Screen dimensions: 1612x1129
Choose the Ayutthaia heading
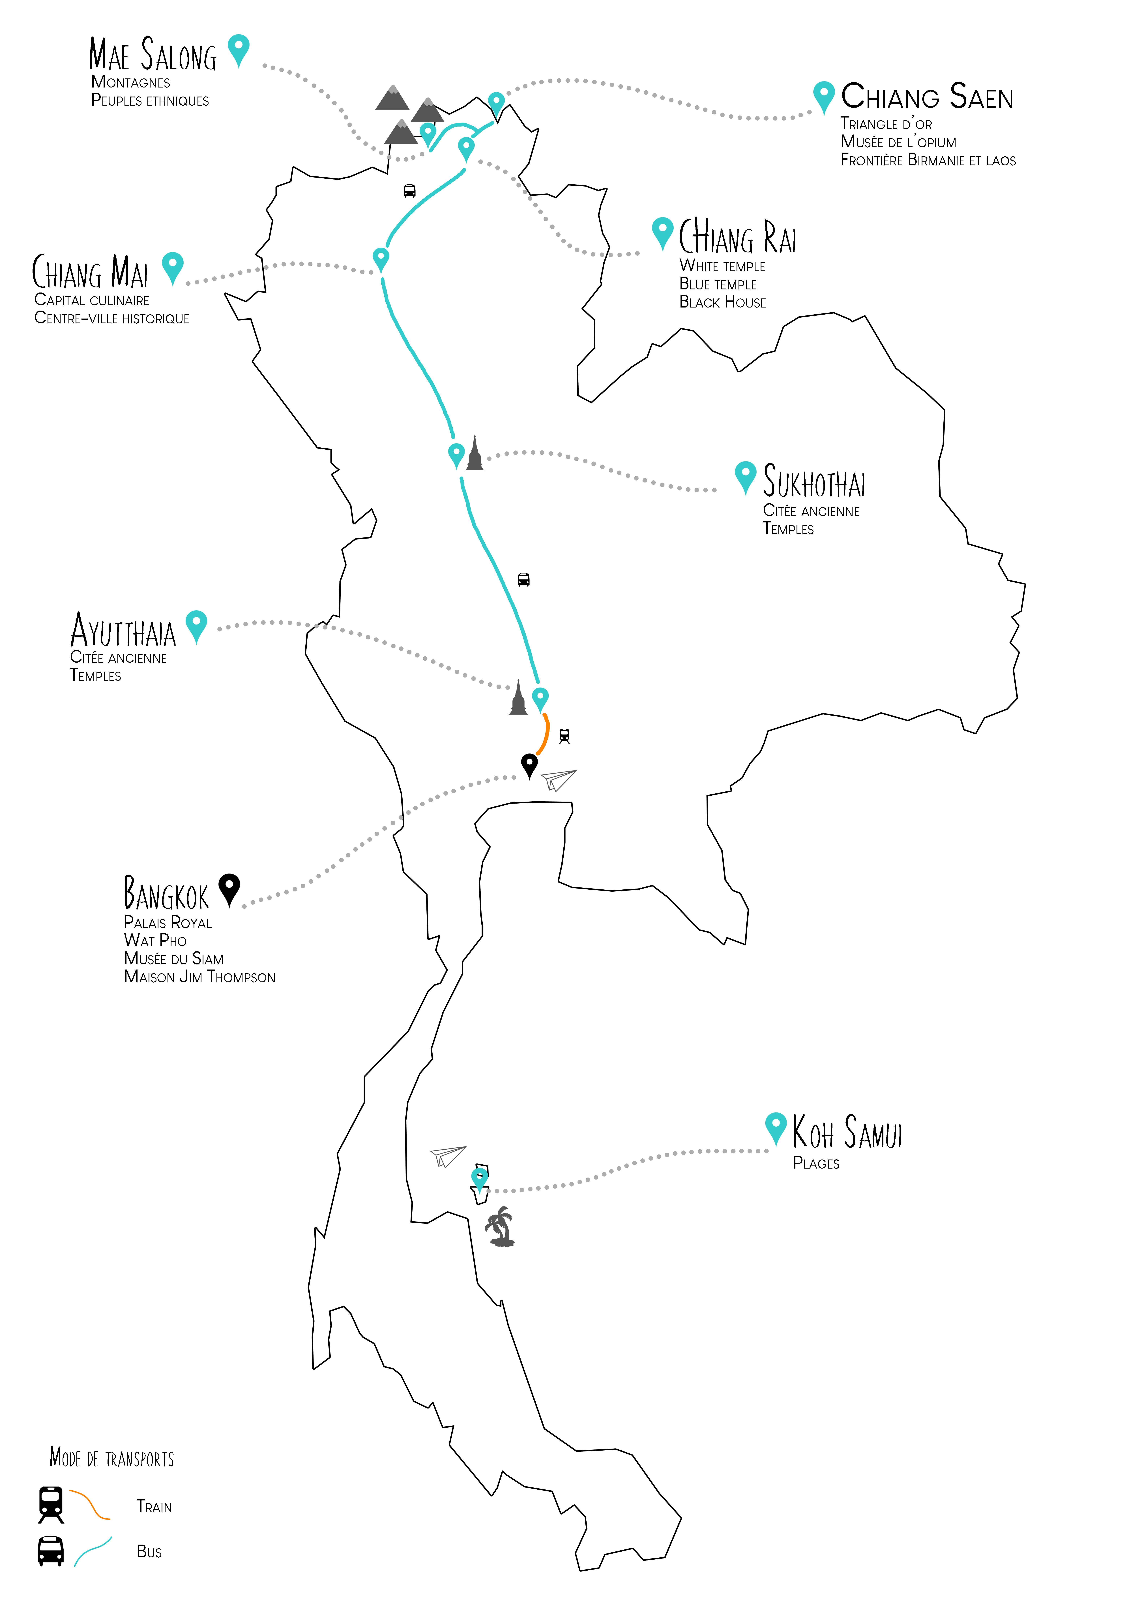123,631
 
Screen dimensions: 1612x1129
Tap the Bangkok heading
166,893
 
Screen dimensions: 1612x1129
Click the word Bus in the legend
149,1552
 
